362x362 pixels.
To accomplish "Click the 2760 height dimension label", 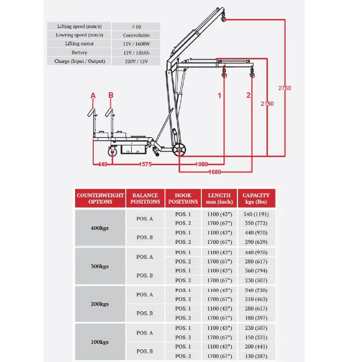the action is [285, 88].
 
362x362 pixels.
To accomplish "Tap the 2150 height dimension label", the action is [267, 104].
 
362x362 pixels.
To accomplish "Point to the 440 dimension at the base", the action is [103, 164].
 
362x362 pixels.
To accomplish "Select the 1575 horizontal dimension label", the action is [145, 164].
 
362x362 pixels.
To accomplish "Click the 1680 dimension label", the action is [214, 172].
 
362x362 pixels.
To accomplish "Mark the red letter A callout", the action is [93, 95].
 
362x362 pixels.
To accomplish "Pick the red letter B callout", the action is [111, 95].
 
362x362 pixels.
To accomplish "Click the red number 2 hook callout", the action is [248, 95].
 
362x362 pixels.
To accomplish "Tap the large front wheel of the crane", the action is [179, 150].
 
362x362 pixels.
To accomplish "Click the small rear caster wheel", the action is [112, 152].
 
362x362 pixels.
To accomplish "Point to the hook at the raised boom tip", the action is [223, 18].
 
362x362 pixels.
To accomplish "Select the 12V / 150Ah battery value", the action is [137, 53].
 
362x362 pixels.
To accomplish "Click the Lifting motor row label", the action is [79, 43].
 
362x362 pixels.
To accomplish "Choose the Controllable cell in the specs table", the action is [136, 35].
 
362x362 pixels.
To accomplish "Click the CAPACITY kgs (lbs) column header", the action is [256, 198].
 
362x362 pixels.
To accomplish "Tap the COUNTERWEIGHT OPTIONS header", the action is [100, 198].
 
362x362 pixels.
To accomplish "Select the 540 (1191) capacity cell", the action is [256, 214].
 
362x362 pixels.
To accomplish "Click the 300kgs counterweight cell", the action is [100, 266].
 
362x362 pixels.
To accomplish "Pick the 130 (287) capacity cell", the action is [256, 356].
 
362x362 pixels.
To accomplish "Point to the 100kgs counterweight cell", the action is [100, 342].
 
